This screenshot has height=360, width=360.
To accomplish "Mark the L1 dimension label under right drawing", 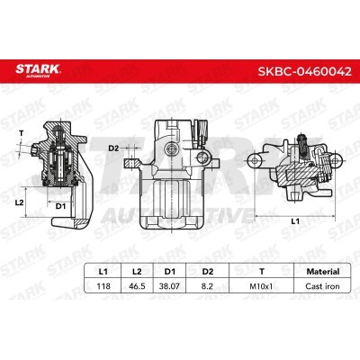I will [x=298, y=221].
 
